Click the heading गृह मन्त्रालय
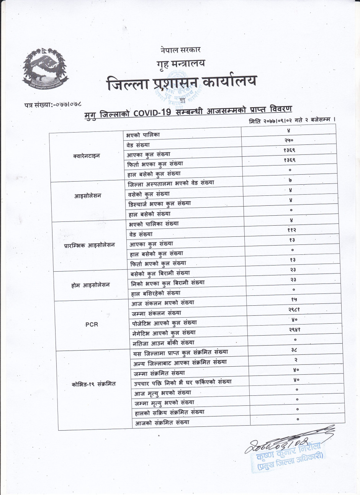click(180, 64)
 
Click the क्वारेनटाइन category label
click(86, 156)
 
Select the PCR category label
click(92, 324)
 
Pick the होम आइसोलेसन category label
click(90, 285)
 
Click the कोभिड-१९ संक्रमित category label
click(93, 384)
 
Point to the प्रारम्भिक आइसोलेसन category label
click(89, 245)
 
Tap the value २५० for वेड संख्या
click(289, 141)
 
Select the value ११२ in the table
click(291, 230)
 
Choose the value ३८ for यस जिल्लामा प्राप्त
click(294, 349)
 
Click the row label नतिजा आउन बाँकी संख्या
click(164, 343)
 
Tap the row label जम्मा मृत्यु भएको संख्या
click(164, 403)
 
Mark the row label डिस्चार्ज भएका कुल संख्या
click(160, 204)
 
